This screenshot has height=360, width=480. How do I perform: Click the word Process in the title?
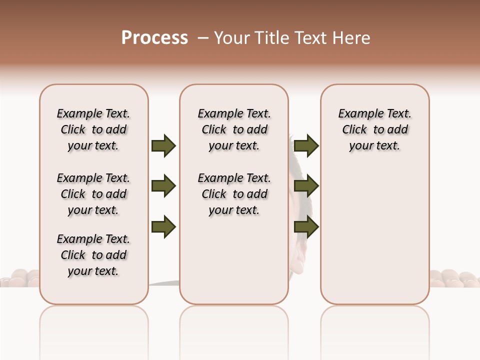[154, 38]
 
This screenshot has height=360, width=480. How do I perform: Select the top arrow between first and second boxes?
[163, 145]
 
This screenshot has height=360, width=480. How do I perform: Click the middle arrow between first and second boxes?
[163, 186]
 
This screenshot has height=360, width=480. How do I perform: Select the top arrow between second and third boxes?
[306, 145]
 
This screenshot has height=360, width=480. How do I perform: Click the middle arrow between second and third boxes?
[306, 186]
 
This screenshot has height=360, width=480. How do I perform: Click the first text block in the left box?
[93, 129]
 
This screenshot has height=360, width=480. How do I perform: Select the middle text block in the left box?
[93, 194]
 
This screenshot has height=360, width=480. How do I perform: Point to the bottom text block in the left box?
[93, 255]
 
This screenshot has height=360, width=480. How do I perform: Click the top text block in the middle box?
[234, 129]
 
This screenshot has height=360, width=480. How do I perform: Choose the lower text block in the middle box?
[234, 194]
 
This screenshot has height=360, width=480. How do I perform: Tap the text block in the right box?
[374, 129]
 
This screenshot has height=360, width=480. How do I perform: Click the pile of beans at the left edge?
[20, 278]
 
